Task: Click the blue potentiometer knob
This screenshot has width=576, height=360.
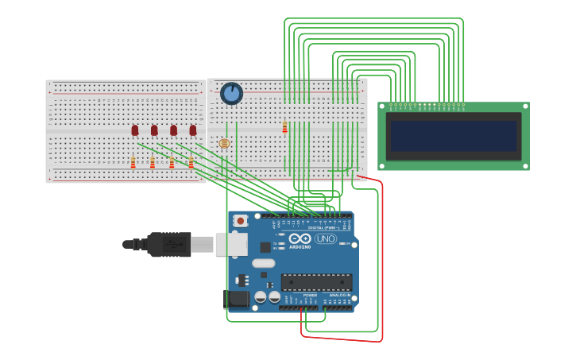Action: tap(231, 94)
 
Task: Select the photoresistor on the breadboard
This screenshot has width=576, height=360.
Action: tap(224, 143)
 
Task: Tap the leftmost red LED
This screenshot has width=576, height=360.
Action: tap(135, 130)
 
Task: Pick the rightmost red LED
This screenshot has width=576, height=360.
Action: tap(192, 130)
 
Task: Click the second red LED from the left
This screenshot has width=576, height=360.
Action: tap(154, 130)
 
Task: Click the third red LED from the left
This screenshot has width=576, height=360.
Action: tap(173, 130)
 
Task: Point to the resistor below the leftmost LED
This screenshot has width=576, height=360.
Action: tap(133, 163)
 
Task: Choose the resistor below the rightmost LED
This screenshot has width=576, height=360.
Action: tap(191, 163)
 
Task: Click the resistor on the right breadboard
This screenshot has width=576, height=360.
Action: tap(284, 127)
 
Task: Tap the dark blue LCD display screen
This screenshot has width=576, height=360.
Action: tap(453, 135)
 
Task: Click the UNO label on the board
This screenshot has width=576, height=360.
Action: tap(326, 238)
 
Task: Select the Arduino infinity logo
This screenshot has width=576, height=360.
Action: tap(300, 238)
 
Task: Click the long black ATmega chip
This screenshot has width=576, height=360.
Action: tap(316, 282)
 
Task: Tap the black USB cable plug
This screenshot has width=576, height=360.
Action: tap(168, 244)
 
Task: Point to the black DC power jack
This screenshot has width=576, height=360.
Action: tap(236, 299)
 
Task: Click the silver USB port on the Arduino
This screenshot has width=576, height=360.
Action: tap(231, 244)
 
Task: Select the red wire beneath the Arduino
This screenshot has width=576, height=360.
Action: tap(342, 339)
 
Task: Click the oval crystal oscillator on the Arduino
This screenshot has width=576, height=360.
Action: tap(263, 263)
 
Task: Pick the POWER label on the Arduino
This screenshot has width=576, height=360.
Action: tap(310, 295)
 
